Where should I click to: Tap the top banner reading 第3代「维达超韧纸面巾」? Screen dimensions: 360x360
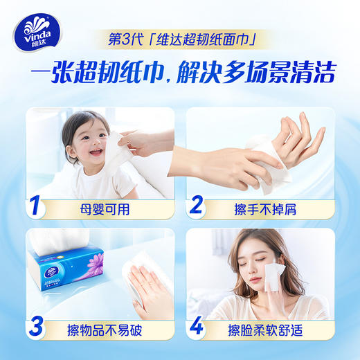click(180, 38)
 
